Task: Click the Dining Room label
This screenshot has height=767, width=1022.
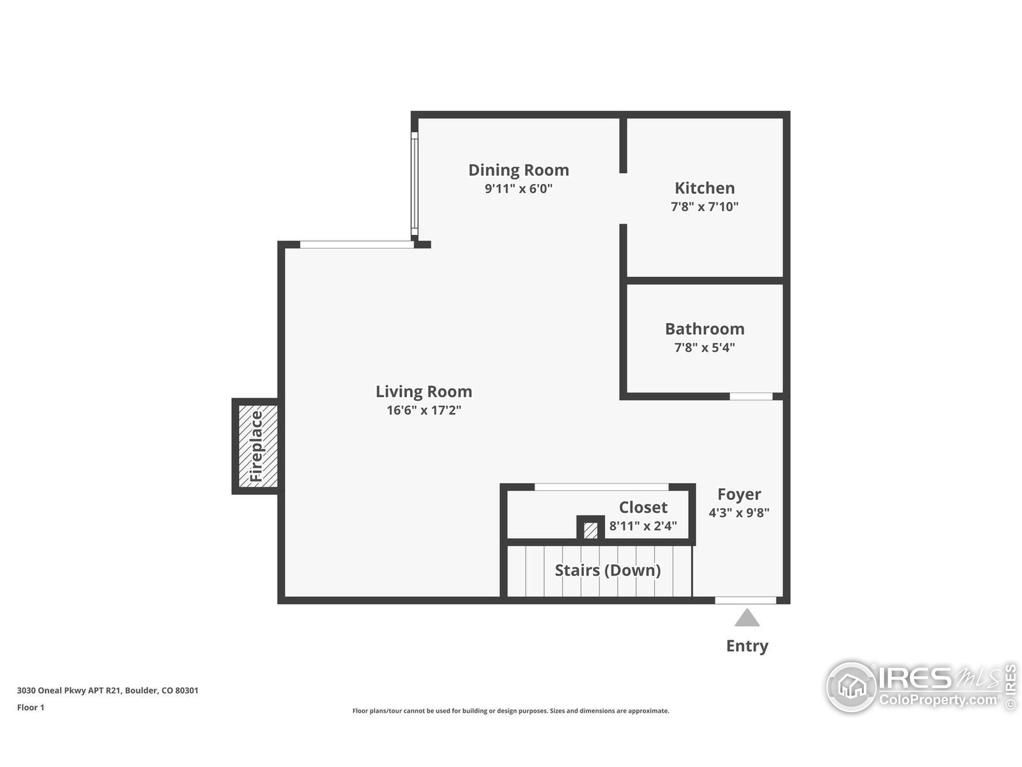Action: [x=519, y=170]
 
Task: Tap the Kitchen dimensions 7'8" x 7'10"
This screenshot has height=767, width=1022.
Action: [x=704, y=207]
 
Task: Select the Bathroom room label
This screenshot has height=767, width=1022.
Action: [x=705, y=329]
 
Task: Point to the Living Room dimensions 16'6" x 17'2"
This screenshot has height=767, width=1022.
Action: [x=424, y=410]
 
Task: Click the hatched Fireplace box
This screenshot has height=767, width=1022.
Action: [x=257, y=446]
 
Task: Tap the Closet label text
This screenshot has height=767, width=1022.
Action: [x=643, y=508]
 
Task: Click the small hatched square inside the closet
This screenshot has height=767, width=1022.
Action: [x=590, y=530]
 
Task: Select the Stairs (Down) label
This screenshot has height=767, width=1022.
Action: [x=608, y=570]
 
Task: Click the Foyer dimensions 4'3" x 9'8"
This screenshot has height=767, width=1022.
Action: [x=739, y=513]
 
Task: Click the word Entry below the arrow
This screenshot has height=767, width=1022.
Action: [x=747, y=646]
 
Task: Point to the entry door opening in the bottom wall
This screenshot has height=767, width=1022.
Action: [x=745, y=600]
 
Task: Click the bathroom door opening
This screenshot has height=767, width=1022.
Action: [x=751, y=396]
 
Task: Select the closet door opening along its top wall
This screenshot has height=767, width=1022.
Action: [x=601, y=487]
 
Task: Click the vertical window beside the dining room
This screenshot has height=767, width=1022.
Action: [x=414, y=184]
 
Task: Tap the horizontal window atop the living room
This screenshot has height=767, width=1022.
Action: [x=357, y=244]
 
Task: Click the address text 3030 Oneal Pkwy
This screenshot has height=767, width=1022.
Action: [x=107, y=690]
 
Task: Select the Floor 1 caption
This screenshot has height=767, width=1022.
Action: [x=30, y=707]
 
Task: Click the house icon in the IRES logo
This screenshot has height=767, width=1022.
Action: [x=851, y=687]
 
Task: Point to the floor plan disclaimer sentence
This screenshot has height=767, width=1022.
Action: [x=511, y=711]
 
